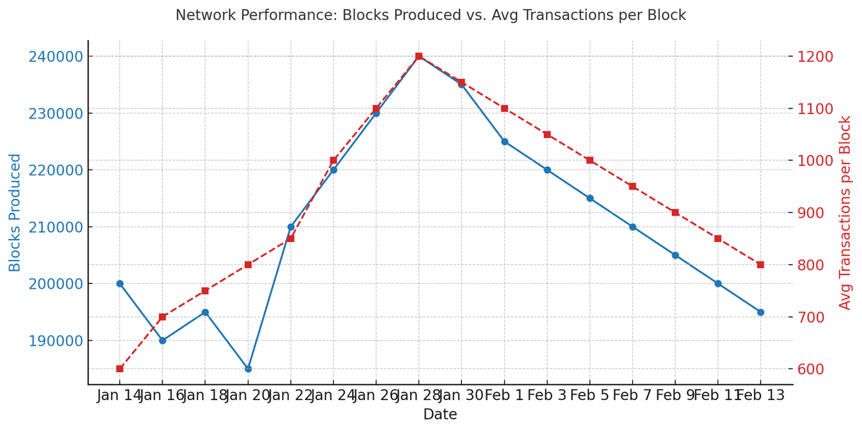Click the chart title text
tap(430, 15)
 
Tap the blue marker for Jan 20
tap(248, 369)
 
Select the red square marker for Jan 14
tap(120, 369)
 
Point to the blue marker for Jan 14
tap(120, 284)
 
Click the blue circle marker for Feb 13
tap(760, 312)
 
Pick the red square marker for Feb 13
tap(760, 264)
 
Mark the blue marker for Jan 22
tap(291, 227)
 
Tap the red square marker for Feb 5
tap(590, 160)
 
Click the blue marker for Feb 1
tap(504, 142)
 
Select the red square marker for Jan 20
tap(248, 264)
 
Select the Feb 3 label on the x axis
tap(547, 395)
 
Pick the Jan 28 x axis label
tap(419, 395)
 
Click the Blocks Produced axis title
tap(15, 213)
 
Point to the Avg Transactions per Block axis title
tap(845, 213)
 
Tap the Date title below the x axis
tap(440, 414)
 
